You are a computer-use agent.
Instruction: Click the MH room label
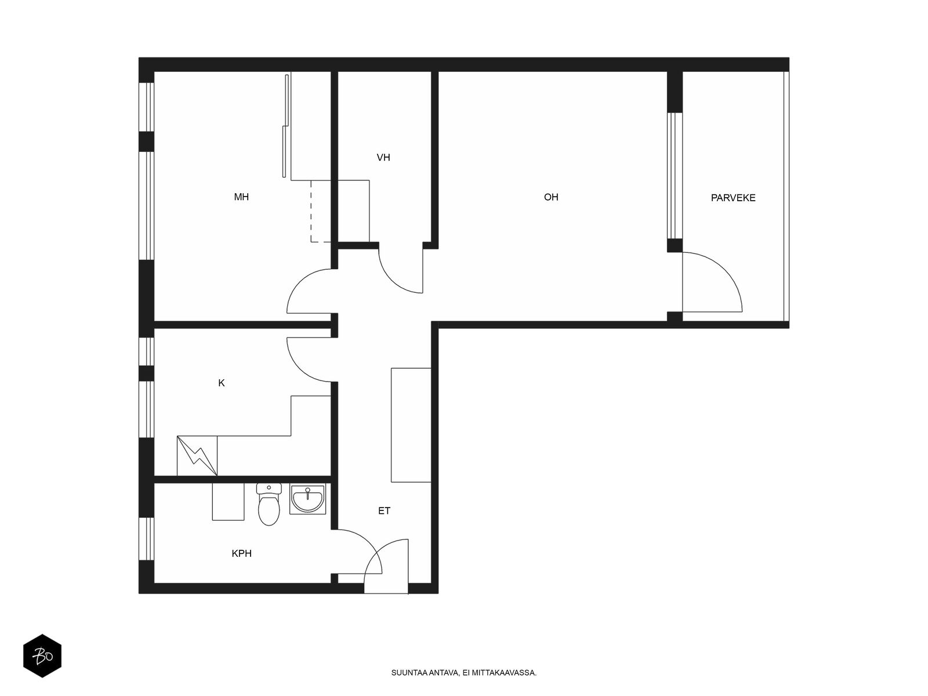[x=241, y=197]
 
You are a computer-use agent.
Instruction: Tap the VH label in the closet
[x=383, y=158]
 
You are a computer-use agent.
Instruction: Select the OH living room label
[x=551, y=197]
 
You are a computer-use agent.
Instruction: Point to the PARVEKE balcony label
[x=733, y=198]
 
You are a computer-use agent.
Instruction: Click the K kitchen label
[x=221, y=383]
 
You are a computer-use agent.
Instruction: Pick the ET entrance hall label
[x=384, y=511]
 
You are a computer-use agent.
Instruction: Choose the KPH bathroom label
[x=241, y=553]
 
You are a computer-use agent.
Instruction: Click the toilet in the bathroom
[x=269, y=504]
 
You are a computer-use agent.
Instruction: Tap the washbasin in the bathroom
[x=307, y=499]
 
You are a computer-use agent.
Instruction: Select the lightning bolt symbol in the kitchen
[x=197, y=456]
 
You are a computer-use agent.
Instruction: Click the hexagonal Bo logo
[x=42, y=656]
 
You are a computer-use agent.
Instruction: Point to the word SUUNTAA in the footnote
[x=409, y=673]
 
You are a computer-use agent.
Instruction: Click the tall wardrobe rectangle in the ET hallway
[x=411, y=425]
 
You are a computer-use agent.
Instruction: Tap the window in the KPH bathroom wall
[x=147, y=539]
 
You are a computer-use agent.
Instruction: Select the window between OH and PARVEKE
[x=675, y=176]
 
